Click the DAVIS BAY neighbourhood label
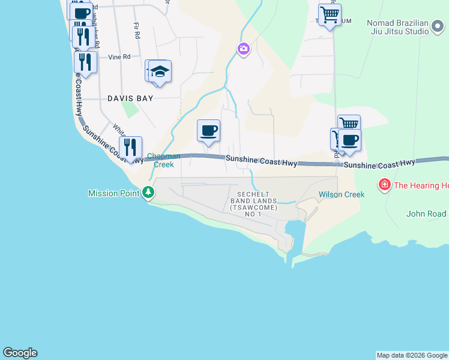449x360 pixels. click(130, 98)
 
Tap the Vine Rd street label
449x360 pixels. click(119, 57)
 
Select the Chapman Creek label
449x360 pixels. click(160, 160)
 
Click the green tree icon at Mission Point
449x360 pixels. click(148, 193)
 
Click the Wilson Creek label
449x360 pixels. click(342, 194)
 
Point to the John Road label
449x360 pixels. click(426, 214)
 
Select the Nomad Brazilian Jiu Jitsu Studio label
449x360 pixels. click(406, 27)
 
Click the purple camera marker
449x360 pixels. click(243, 49)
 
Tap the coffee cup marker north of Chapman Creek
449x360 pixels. click(208, 131)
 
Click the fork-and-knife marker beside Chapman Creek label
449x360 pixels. click(130, 147)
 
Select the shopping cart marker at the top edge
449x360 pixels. click(330, 14)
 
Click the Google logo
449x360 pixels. click(20, 353)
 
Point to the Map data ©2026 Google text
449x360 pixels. click(412, 355)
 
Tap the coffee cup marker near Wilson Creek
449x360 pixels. click(349, 140)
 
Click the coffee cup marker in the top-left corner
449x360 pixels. click(80, 12)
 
